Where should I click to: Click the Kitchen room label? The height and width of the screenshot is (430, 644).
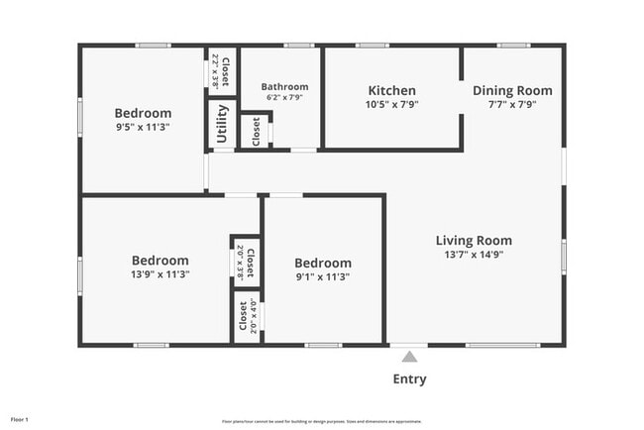(391, 90)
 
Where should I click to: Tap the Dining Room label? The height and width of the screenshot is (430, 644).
(512, 90)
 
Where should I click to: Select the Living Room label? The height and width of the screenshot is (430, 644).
(474, 240)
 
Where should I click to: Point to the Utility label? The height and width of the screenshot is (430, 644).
(222, 124)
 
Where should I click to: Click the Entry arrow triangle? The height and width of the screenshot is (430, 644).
(409, 356)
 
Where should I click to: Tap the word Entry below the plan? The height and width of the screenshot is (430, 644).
(409, 378)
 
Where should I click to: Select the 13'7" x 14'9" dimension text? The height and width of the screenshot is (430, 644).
(474, 254)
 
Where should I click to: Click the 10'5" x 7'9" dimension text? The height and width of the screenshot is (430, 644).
(391, 104)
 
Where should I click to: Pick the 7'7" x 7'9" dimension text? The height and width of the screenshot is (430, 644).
(512, 104)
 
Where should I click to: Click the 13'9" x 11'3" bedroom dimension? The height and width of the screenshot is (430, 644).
(160, 273)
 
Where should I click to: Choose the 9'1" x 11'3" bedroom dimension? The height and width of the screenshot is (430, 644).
(322, 275)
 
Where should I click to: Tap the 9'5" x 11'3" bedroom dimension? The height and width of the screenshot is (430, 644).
(143, 126)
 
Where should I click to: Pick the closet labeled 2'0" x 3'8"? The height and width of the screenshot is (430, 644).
(246, 263)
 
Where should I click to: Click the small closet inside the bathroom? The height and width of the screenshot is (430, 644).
(256, 131)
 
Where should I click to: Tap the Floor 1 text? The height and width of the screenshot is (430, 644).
(20, 420)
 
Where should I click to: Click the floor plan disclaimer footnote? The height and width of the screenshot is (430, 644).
(321, 421)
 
